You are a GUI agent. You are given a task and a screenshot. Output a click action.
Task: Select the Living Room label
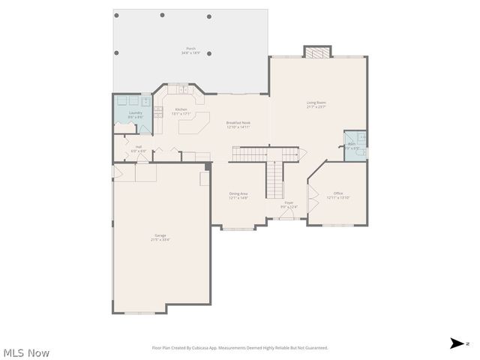pos(316,104)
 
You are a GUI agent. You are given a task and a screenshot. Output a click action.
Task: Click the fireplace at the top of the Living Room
pos(316,52)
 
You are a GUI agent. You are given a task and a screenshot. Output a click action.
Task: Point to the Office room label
pos(338,195)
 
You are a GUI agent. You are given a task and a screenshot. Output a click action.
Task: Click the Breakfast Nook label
pos(238,124)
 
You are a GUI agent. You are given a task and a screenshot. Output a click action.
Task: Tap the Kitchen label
pos(181,111)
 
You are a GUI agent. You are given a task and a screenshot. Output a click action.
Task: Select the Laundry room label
pos(135,115)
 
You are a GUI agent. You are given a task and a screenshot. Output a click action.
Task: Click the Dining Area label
pos(238,195)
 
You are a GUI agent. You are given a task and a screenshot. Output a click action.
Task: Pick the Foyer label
pos(289,205)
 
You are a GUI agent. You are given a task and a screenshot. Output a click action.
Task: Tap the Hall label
pos(139,148)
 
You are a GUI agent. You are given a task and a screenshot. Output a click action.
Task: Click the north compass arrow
pos(457,343)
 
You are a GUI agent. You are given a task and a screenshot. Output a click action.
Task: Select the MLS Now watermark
pos(26,352)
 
